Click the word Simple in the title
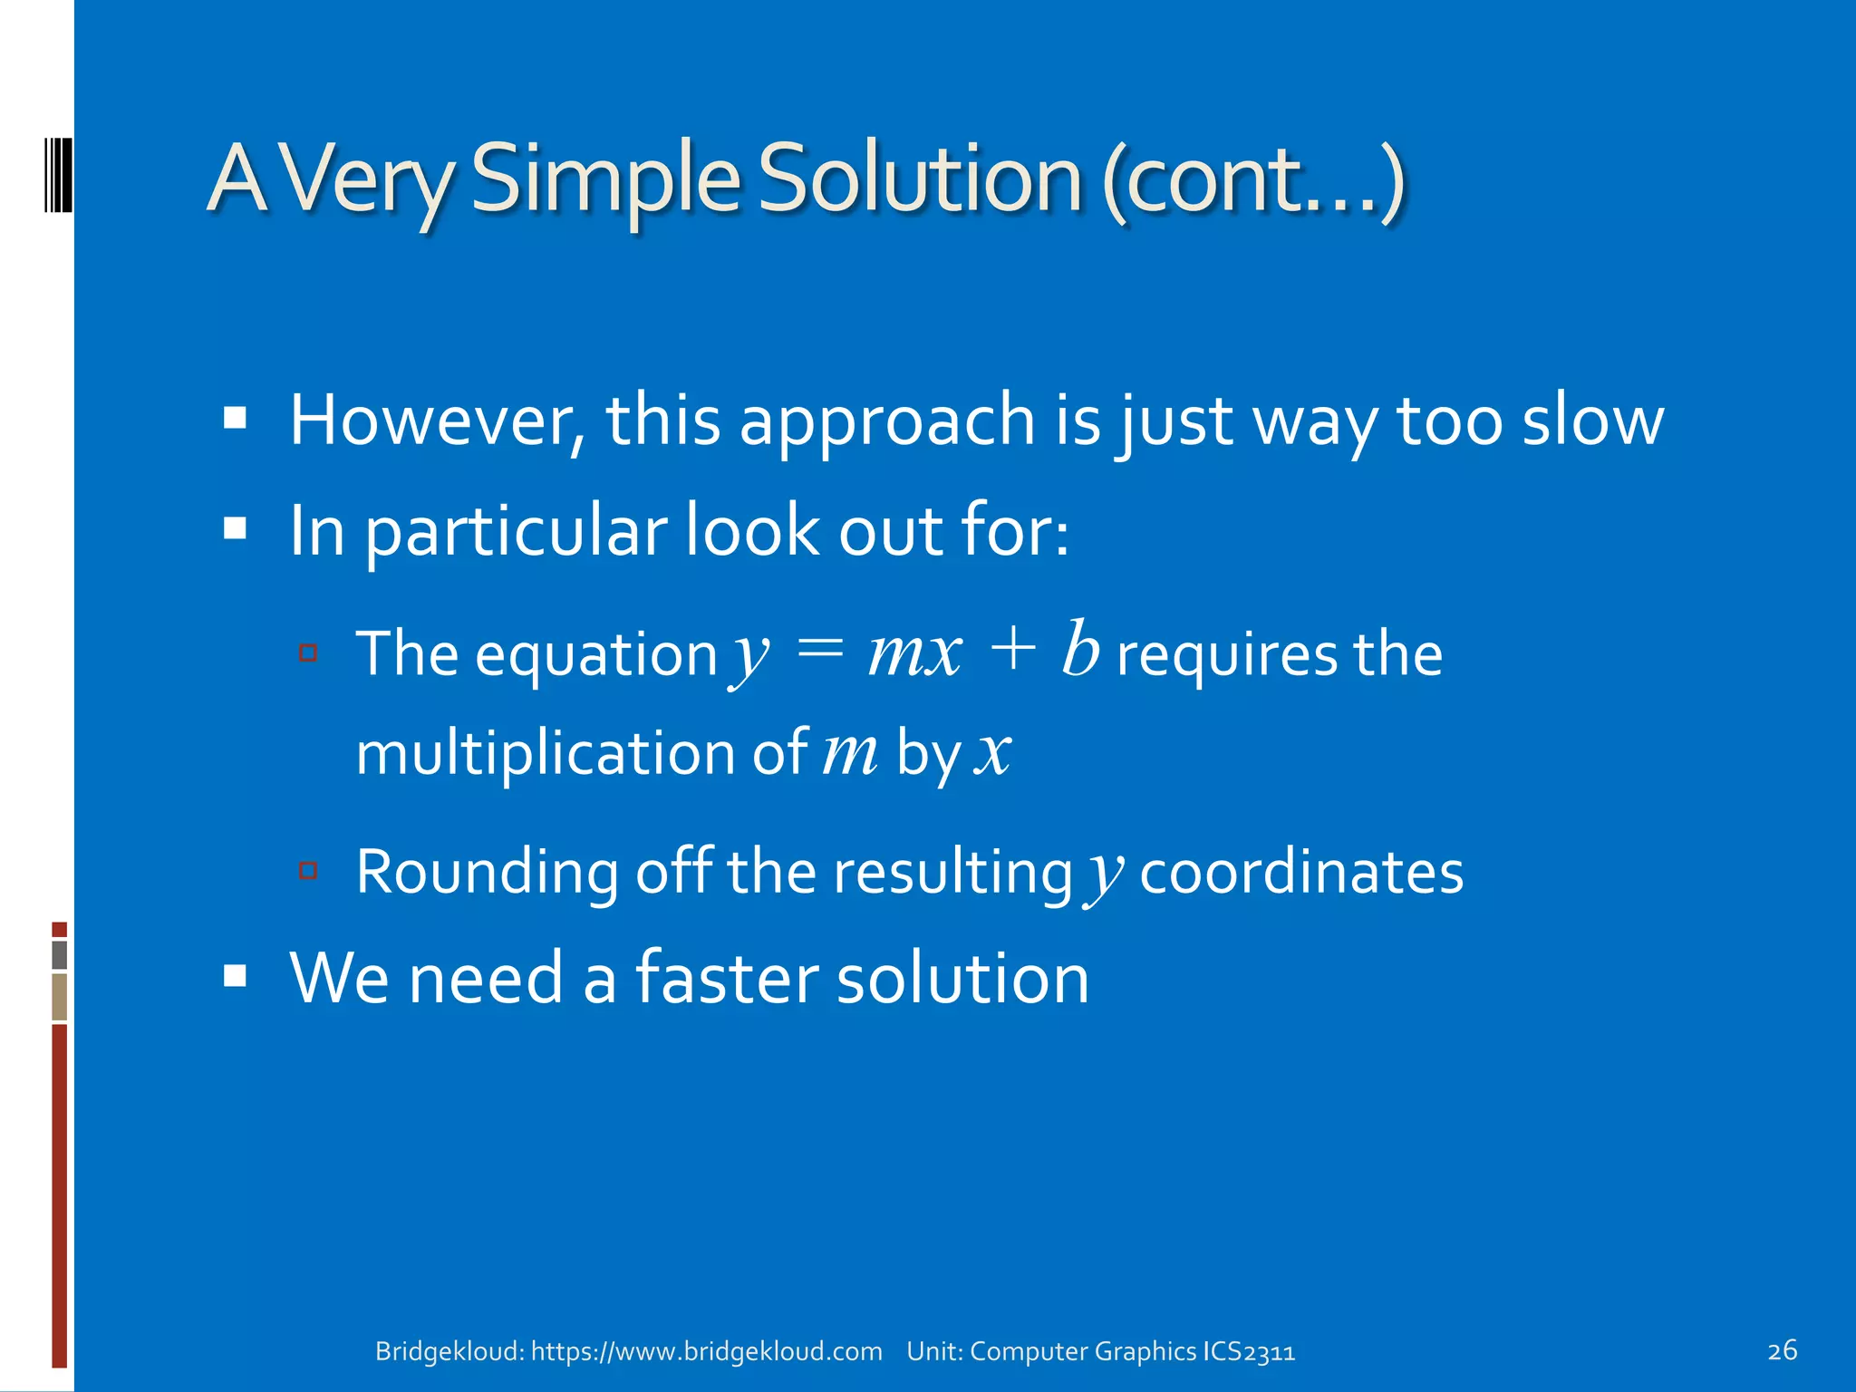pyautogui.click(x=605, y=179)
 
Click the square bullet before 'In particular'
pyautogui.click(x=236, y=528)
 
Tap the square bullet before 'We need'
pyautogui.click(x=236, y=976)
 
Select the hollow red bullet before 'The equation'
pyautogui.click(x=308, y=652)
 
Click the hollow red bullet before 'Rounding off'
pyautogui.click(x=308, y=871)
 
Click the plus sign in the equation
pyautogui.click(x=1012, y=651)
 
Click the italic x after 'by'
pyautogui.click(x=992, y=752)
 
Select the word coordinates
pyautogui.click(x=1300, y=872)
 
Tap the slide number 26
pyautogui.click(x=1782, y=1350)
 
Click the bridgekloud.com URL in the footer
pyautogui.click(x=706, y=1351)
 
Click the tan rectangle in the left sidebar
pyautogui.click(x=60, y=997)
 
